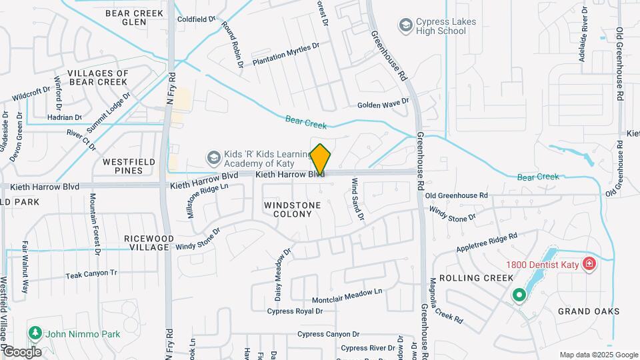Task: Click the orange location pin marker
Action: (x=321, y=160)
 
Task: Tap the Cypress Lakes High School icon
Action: (x=405, y=26)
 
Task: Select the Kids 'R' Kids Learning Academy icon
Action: (x=213, y=158)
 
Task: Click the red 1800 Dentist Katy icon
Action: (x=588, y=265)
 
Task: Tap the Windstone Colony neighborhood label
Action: (x=288, y=209)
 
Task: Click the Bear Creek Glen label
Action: (x=134, y=17)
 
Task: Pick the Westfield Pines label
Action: (x=123, y=166)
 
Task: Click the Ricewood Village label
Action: (x=149, y=243)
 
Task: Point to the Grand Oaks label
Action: (x=589, y=311)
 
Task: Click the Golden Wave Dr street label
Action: (x=383, y=104)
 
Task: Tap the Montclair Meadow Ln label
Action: (x=347, y=291)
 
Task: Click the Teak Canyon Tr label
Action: (x=91, y=273)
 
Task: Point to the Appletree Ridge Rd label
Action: (x=487, y=243)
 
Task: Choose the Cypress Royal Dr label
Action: (x=295, y=311)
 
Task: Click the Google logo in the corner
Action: (x=22, y=351)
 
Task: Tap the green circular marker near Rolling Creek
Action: (x=519, y=294)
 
